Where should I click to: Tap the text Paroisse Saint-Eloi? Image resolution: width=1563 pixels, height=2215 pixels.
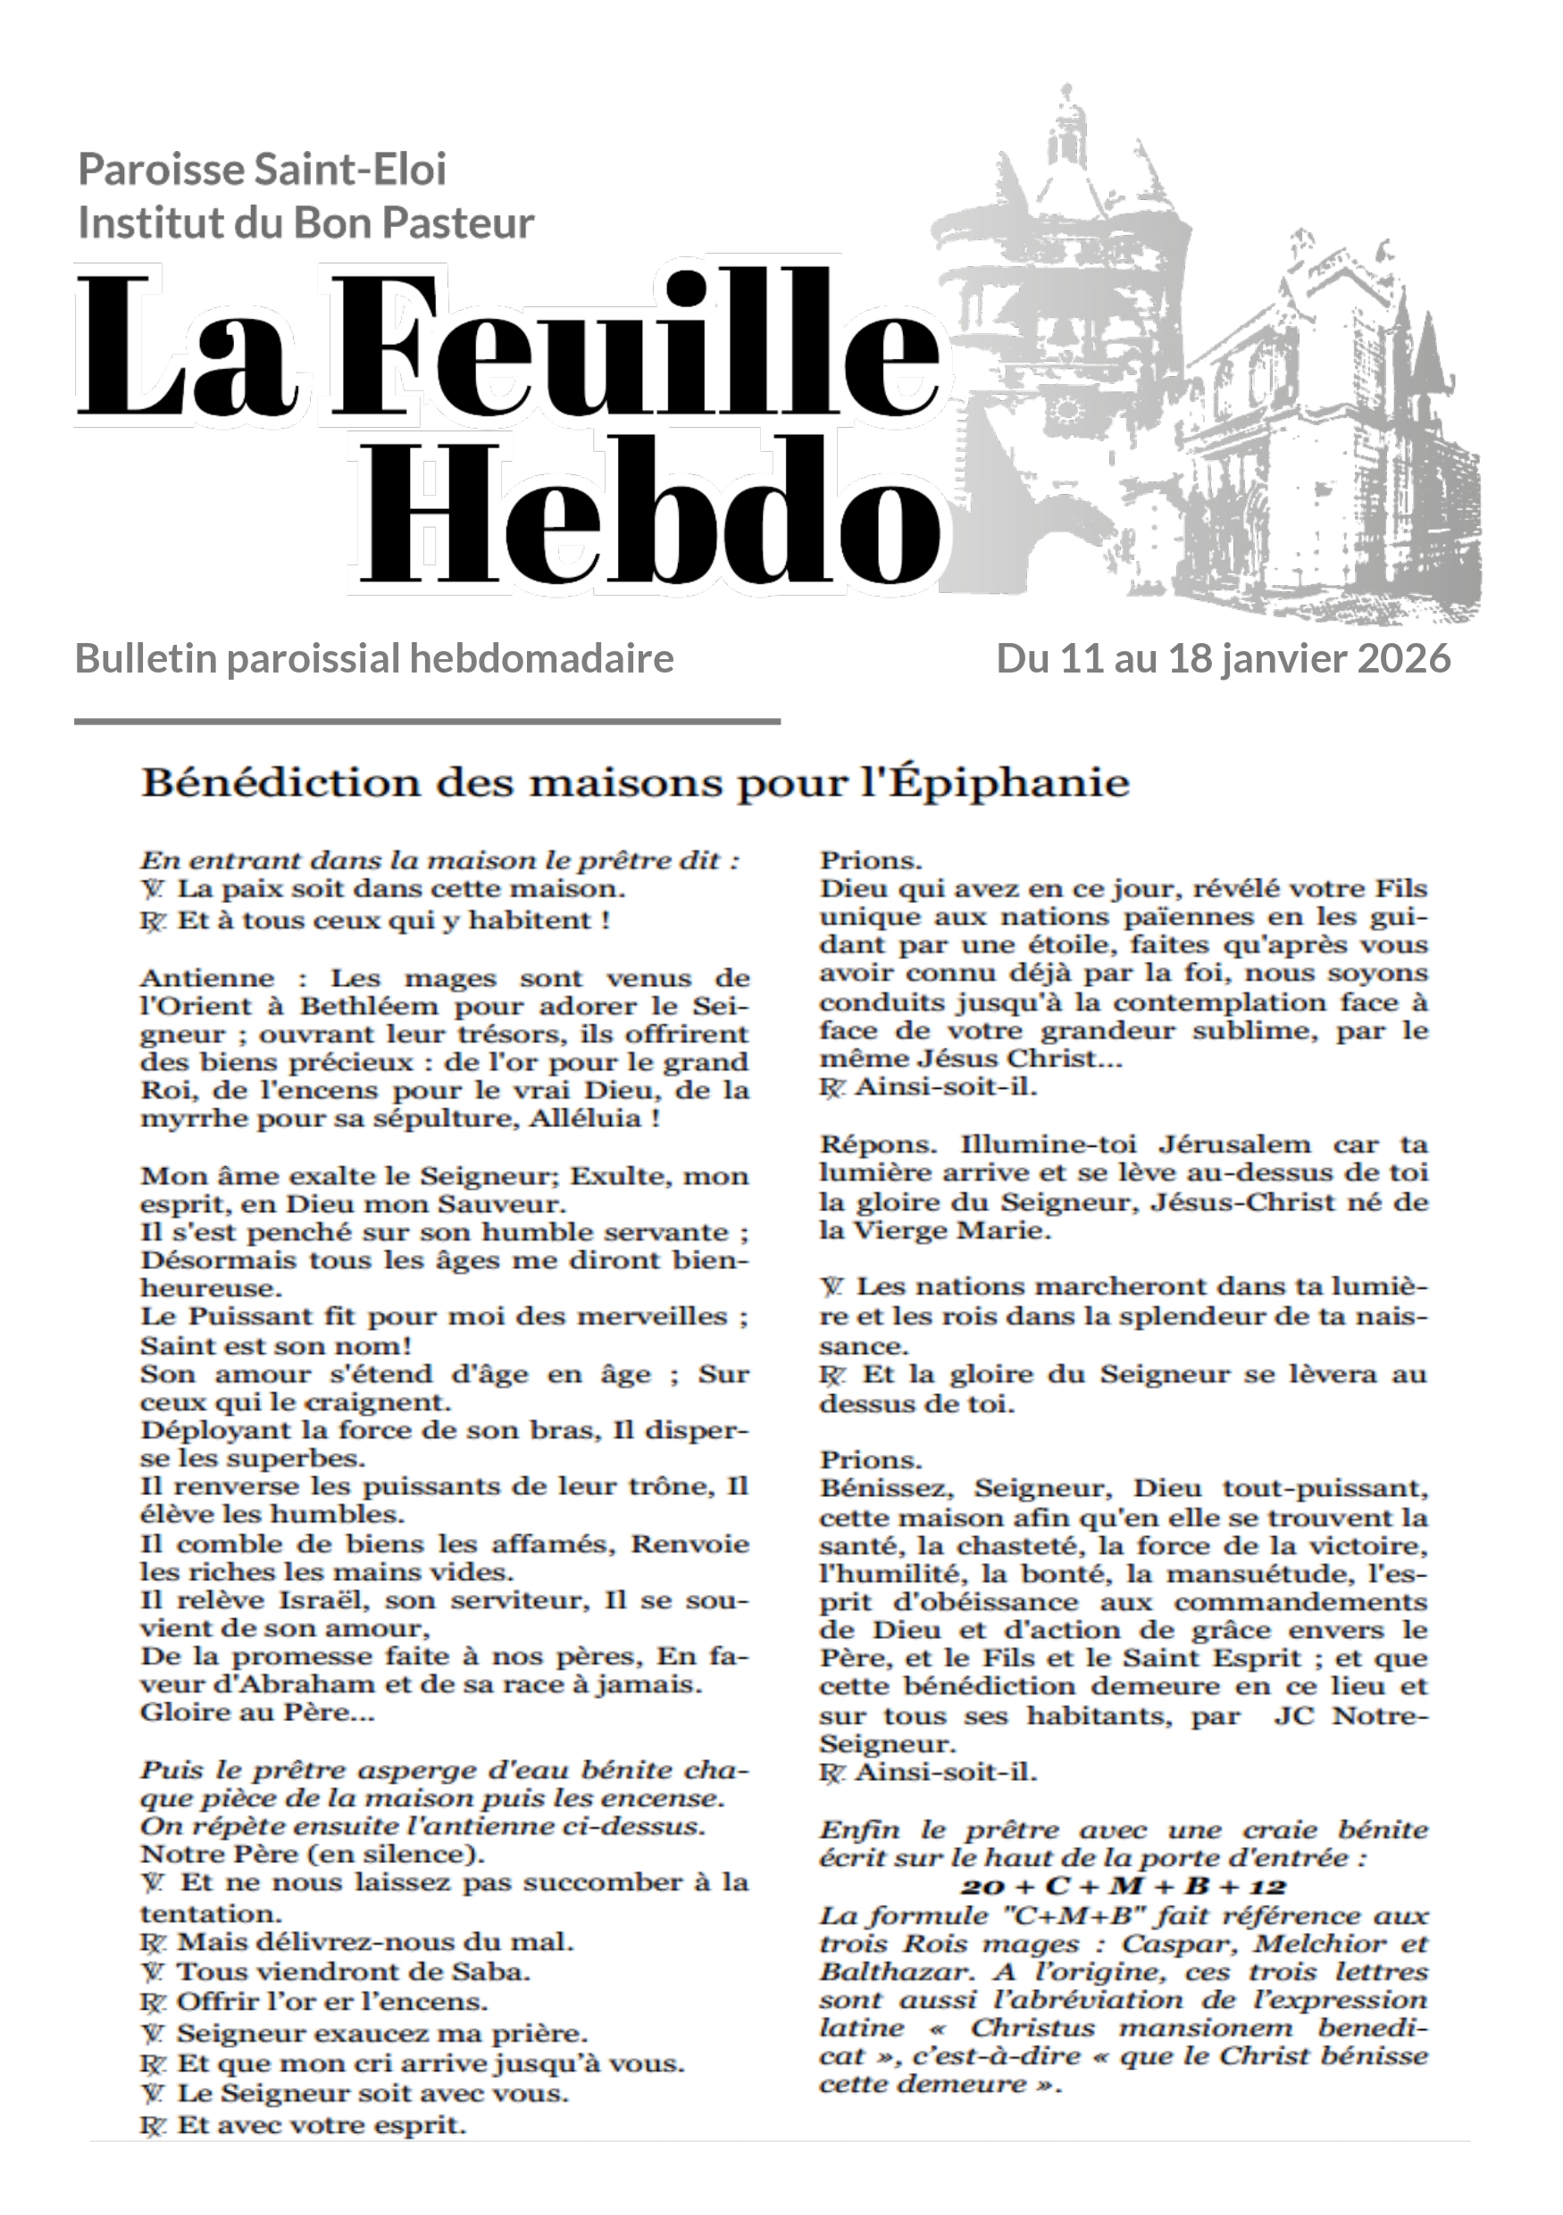[262, 170]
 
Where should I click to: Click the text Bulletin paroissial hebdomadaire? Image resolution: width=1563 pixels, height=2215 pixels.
[374, 659]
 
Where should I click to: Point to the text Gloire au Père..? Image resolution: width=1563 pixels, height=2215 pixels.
[257, 1713]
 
